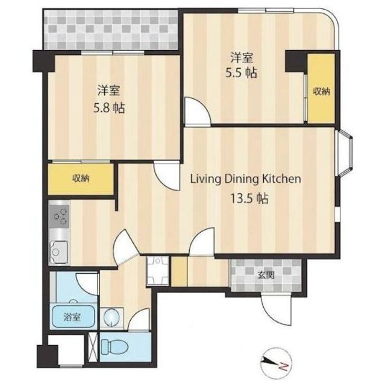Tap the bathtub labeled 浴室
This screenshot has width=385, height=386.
[x=73, y=316]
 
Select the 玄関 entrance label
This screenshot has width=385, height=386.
[x=266, y=275]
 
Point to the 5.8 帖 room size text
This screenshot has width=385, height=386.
[x=109, y=108]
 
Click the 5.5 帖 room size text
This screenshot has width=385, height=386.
[x=242, y=72]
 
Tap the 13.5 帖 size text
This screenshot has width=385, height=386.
[x=249, y=198]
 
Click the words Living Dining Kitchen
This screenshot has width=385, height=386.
[x=246, y=179]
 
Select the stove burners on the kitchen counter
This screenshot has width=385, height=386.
[x=59, y=216]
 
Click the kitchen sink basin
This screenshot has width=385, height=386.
[x=58, y=252]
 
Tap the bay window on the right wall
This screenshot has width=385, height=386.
[x=345, y=153]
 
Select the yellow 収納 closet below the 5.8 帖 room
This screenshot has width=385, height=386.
[x=81, y=179]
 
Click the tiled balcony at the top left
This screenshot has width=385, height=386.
[x=110, y=30]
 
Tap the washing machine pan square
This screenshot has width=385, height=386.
[x=158, y=271]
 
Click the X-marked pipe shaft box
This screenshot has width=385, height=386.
[x=93, y=347]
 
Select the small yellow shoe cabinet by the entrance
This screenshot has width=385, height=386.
[x=179, y=271]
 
